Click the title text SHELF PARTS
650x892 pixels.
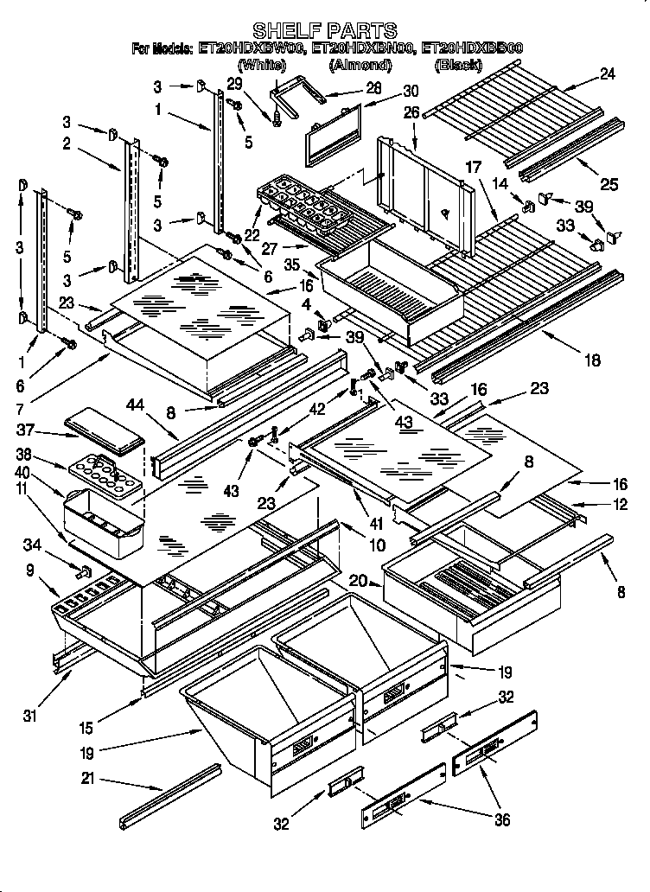point(324,31)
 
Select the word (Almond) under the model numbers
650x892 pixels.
point(360,65)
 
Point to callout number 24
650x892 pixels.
point(608,75)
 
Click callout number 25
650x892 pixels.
point(609,183)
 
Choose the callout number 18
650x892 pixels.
point(592,361)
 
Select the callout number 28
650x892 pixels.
point(373,87)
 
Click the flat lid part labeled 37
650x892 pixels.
point(104,430)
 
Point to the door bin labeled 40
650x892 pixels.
point(102,524)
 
